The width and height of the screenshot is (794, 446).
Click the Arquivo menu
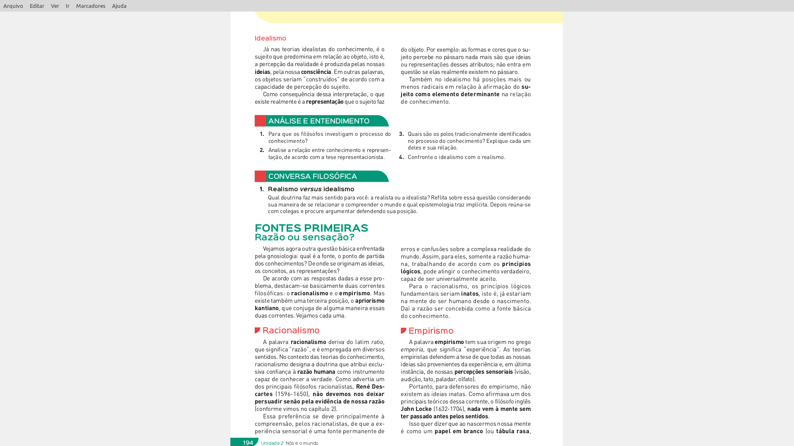[13, 6]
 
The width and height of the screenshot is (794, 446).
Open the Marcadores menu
[91, 6]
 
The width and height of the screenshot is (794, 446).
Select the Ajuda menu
[119, 6]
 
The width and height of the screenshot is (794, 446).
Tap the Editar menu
[37, 6]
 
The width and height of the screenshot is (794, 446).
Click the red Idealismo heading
[270, 38]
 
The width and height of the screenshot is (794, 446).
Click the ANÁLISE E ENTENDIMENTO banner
[319, 121]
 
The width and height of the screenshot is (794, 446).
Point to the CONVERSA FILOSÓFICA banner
[313, 176]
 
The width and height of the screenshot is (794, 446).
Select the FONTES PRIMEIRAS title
[311, 228]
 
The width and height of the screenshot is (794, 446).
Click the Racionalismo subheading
[291, 330]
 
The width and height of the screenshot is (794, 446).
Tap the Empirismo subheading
[431, 331]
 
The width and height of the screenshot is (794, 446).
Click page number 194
[248, 443]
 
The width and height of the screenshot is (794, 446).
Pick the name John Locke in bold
[416, 409]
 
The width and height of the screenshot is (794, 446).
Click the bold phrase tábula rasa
[512, 431]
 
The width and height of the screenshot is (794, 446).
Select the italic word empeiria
[411, 349]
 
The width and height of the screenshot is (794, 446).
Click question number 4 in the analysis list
[401, 157]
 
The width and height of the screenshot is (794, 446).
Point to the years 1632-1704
[449, 409]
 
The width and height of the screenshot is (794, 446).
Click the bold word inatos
[470, 294]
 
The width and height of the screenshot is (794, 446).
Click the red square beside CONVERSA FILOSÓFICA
[260, 176]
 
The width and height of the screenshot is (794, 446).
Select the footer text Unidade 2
[272, 443]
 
